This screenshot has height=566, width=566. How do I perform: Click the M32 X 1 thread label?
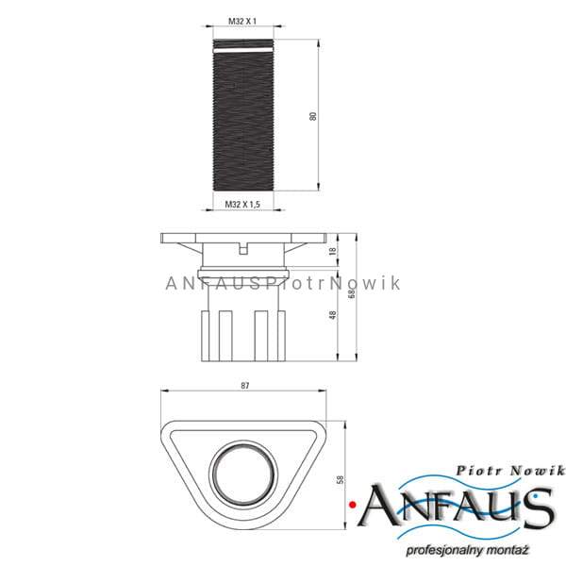click(242, 22)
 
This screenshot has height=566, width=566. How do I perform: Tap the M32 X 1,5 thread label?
click(242, 205)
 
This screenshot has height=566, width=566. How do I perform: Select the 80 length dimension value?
click(313, 116)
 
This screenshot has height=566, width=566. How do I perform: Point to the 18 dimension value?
click(333, 251)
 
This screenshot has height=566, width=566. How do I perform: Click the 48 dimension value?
click(333, 315)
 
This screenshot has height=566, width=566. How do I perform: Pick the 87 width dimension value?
click(245, 386)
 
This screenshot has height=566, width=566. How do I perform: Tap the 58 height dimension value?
click(340, 480)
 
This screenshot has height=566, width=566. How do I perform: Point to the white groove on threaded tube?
click(242, 50)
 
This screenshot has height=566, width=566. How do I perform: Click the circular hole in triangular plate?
click(243, 474)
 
